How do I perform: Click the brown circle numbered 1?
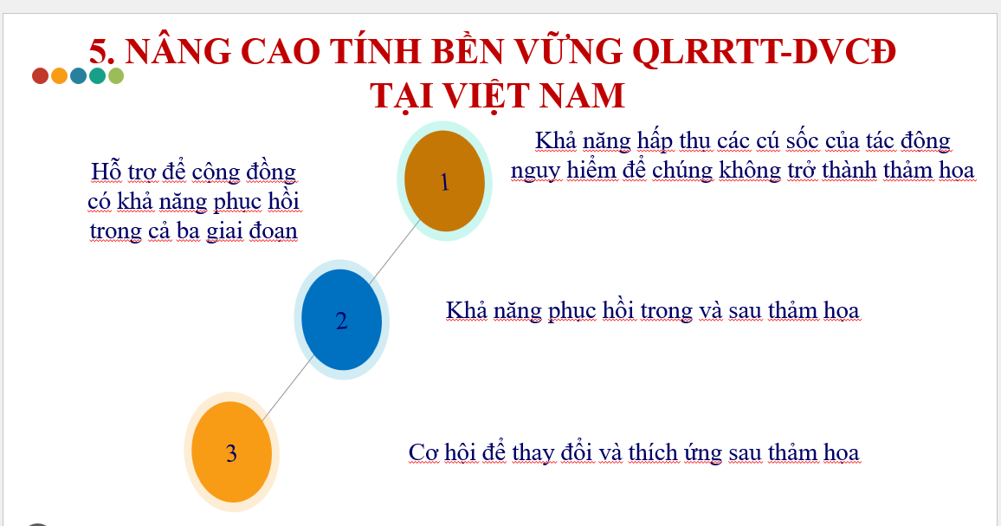click(x=444, y=181)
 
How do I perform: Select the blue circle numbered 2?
click(x=341, y=320)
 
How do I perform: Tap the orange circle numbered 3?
click(x=232, y=451)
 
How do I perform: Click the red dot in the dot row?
click(x=40, y=76)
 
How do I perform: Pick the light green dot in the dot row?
click(x=115, y=76)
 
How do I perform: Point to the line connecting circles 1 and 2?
click(x=395, y=251)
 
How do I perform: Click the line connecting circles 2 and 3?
click(x=287, y=388)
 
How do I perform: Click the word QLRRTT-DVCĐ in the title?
click(x=764, y=51)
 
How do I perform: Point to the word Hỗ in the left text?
click(x=106, y=172)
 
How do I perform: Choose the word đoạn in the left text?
click(x=274, y=231)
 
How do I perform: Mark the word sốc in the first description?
click(x=803, y=140)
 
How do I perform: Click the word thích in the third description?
click(x=652, y=452)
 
